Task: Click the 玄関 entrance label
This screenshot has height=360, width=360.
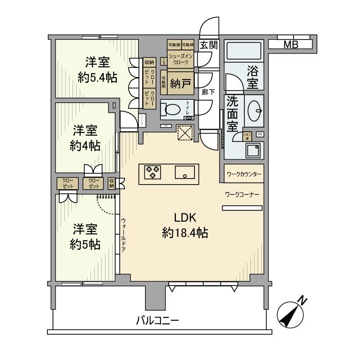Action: point(209,45)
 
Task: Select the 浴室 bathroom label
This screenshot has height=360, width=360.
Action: point(252,75)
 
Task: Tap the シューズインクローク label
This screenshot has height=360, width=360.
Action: point(181,59)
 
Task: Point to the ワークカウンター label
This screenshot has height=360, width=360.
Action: point(244,174)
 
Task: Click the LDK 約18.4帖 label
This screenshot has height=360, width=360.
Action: point(185,225)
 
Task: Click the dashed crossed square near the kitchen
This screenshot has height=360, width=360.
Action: point(184,133)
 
